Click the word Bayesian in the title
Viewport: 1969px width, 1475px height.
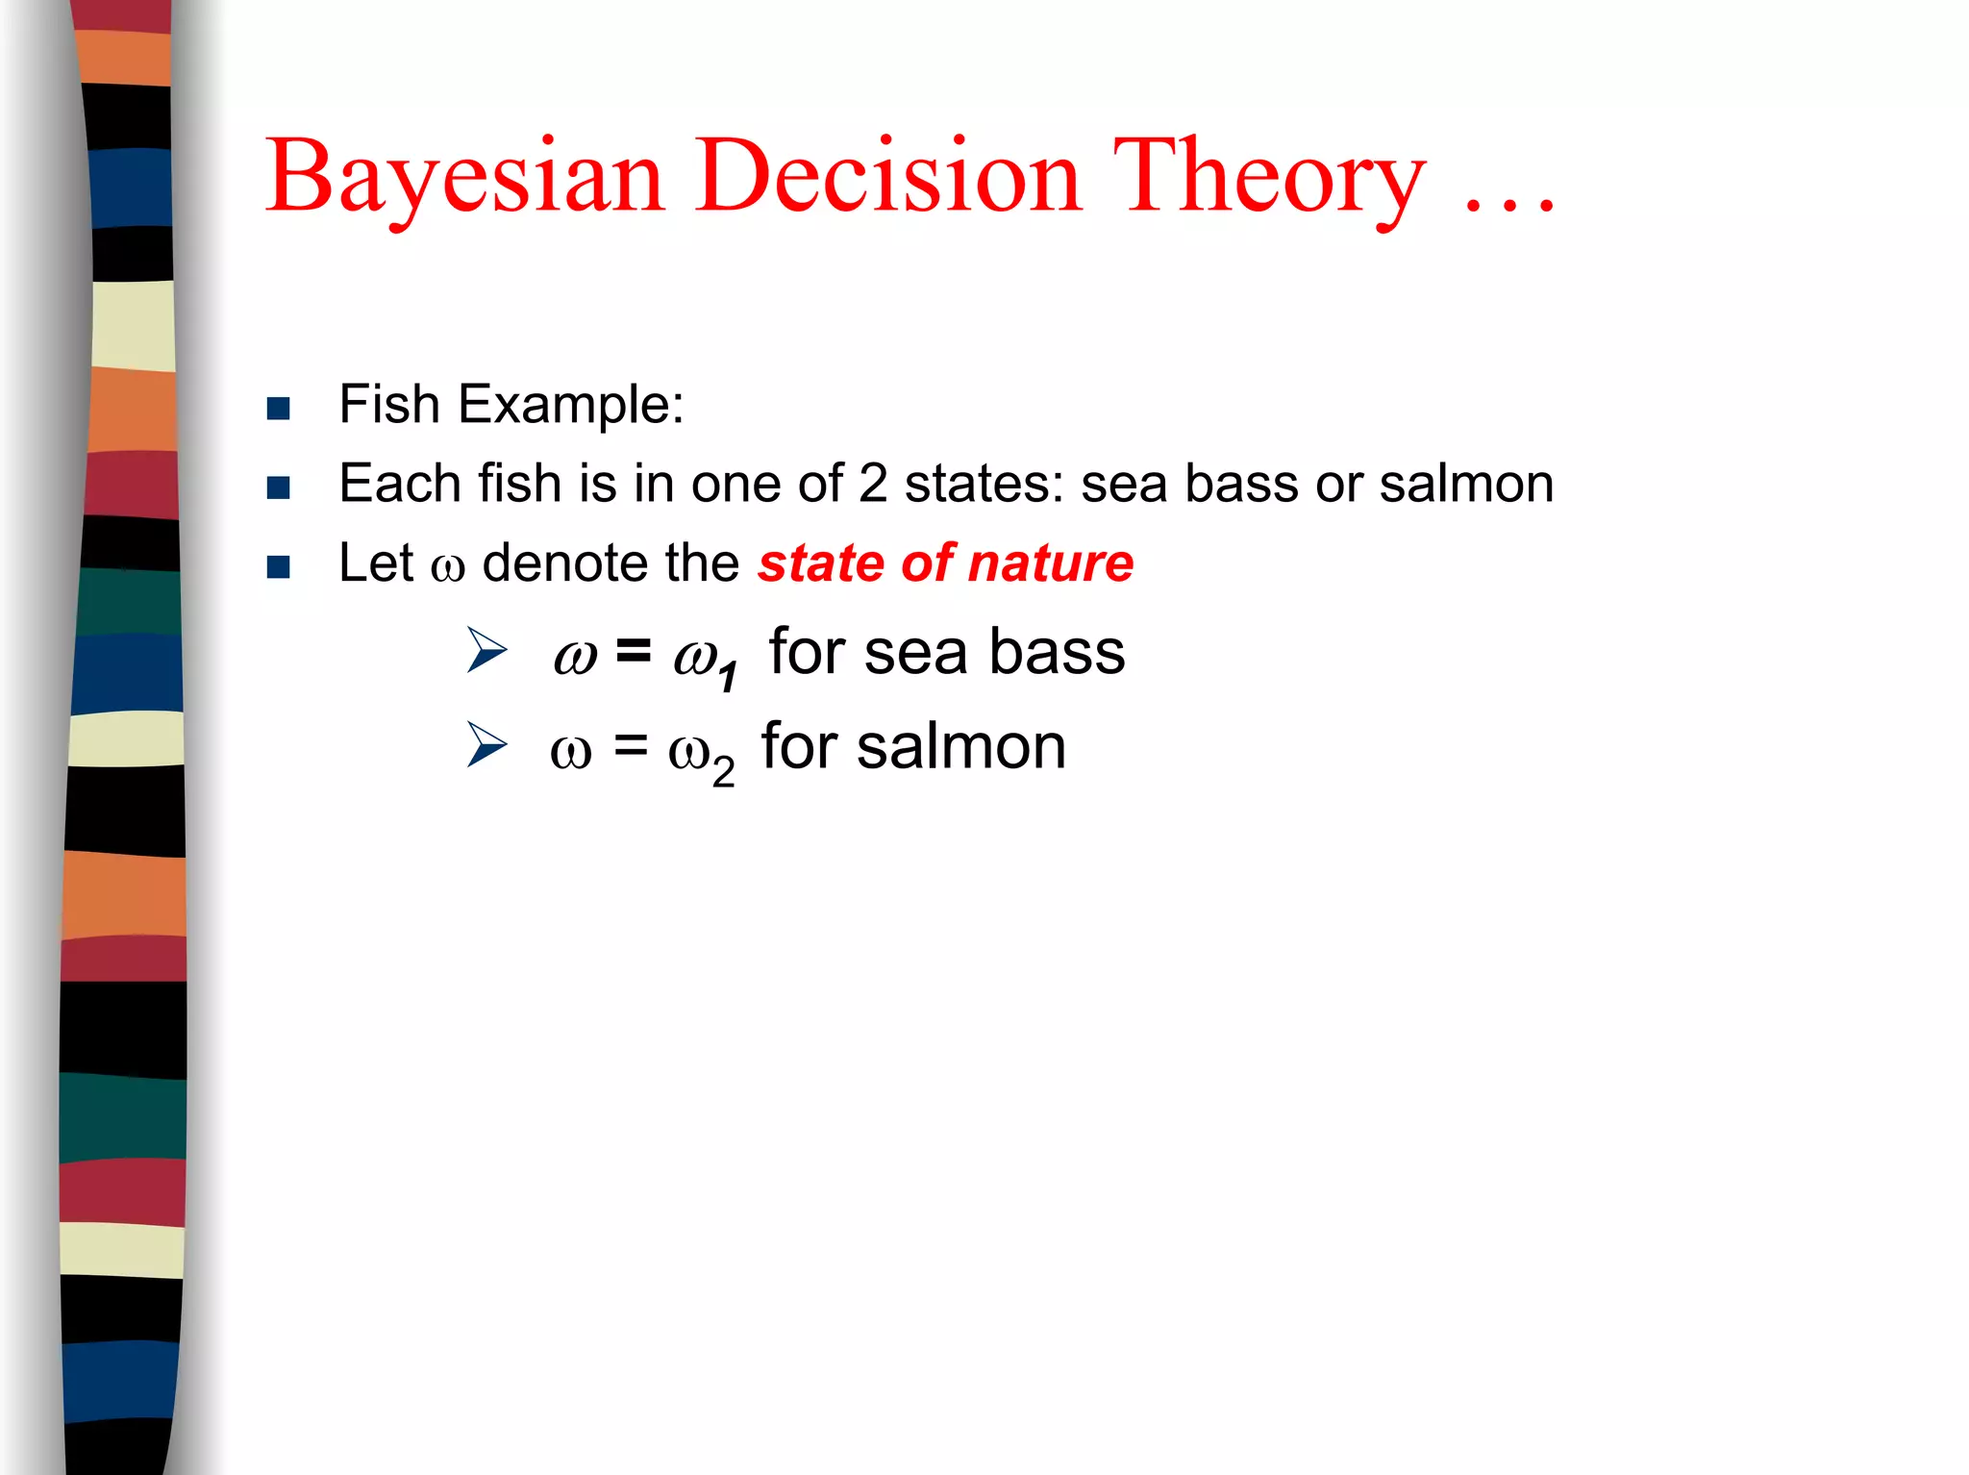(465, 178)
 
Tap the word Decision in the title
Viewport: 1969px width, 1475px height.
(889, 178)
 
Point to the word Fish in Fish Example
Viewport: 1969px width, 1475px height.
(389, 404)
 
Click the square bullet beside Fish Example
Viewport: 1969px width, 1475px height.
(279, 409)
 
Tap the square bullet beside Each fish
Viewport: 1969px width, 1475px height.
(279, 487)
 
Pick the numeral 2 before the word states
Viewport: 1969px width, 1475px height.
(873, 483)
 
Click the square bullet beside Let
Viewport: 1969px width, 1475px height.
(279, 567)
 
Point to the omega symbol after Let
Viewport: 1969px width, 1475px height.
(448, 567)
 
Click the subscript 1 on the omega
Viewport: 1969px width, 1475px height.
(729, 676)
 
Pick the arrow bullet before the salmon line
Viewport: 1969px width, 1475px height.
(486, 744)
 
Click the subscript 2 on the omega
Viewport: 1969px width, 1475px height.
(723, 771)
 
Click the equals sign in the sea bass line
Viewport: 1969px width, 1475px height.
(634, 651)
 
